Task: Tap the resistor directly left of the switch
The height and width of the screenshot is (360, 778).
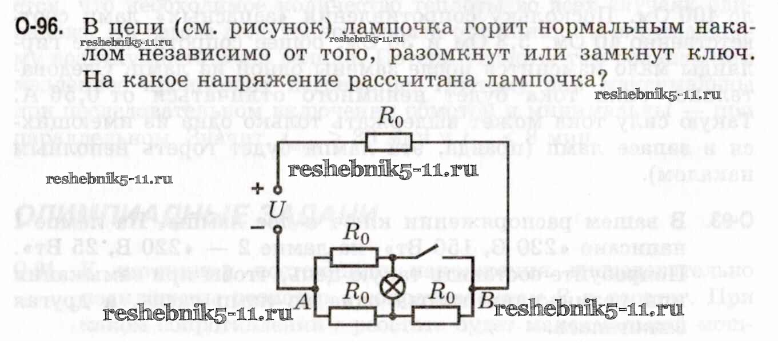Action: pos(354,258)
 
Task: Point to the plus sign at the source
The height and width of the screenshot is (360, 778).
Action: pos(259,188)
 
